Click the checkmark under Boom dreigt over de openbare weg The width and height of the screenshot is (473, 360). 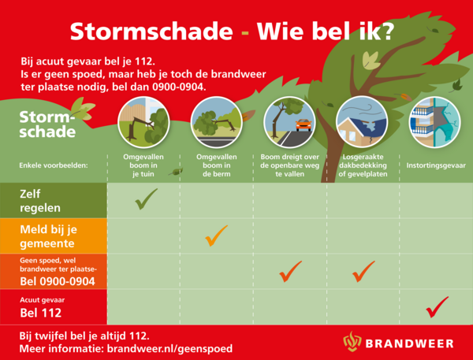pos(290,271)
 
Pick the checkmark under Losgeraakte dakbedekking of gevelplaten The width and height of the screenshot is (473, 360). pos(363,271)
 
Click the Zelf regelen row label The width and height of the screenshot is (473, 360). pos(39,199)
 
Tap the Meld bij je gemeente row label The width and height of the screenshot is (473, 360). pos(46,235)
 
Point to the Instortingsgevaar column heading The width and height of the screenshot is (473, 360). pos(435,166)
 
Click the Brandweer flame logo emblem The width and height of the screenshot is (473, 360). pos(352,342)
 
